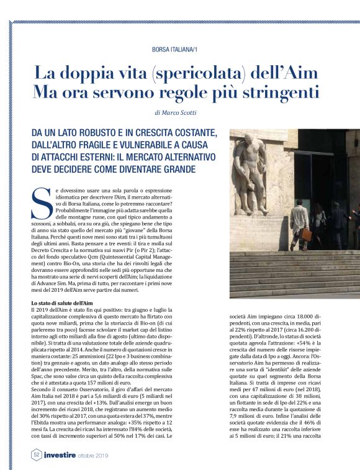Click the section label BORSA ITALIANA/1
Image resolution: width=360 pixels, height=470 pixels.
tap(179, 49)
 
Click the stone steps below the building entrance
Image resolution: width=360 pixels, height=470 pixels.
tap(292, 267)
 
